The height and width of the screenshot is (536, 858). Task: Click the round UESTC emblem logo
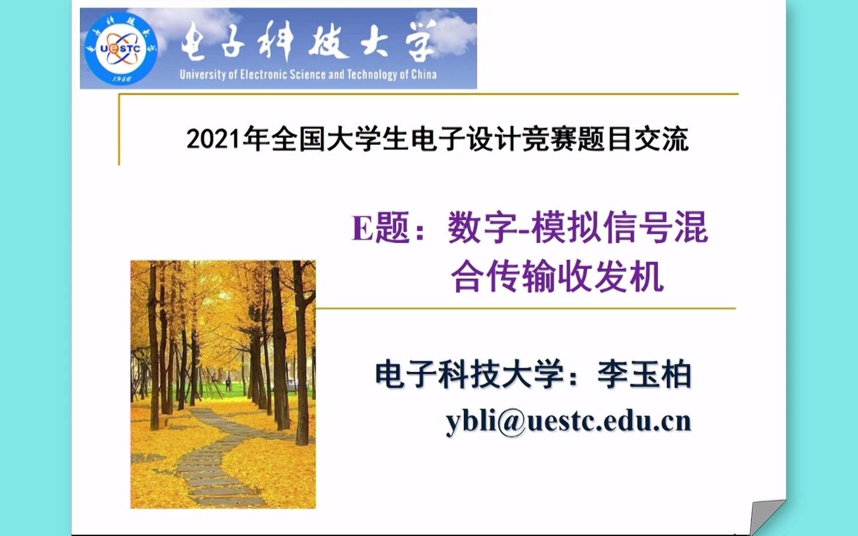[x=121, y=49]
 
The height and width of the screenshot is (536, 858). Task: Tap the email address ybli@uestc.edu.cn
[x=568, y=421]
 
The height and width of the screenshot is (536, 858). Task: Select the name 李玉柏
[x=644, y=374]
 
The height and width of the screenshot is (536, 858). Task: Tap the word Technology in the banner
[x=372, y=75]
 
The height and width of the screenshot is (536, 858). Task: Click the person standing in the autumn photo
[x=228, y=384]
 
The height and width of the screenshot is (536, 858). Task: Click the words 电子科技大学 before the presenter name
[x=470, y=374]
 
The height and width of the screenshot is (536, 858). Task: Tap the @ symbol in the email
[x=511, y=422]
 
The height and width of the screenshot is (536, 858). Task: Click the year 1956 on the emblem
[x=121, y=79]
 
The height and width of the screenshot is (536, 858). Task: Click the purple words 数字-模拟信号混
[x=577, y=228]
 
